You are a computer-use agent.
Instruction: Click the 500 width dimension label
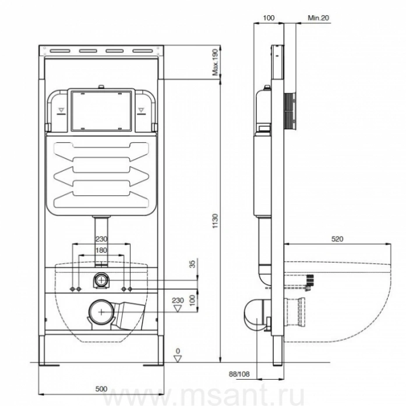click(x=101, y=389)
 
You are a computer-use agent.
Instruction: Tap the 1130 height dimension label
click(x=215, y=221)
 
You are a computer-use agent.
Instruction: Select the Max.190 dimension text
click(x=215, y=62)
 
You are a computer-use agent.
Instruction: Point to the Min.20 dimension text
click(x=318, y=17)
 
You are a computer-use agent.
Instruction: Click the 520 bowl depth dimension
click(x=337, y=239)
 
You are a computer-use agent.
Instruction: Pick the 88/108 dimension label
click(x=239, y=374)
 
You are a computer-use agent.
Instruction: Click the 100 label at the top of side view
click(x=269, y=17)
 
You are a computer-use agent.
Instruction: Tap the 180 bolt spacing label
click(x=101, y=250)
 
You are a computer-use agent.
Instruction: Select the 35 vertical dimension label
click(x=192, y=264)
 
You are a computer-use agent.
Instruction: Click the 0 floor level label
click(x=178, y=351)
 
